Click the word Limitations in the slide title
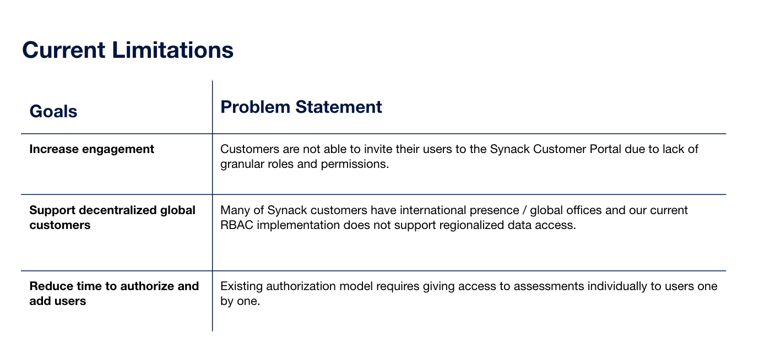172,50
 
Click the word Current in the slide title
64,50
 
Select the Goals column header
53,111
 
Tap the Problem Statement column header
301,107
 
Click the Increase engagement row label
91,149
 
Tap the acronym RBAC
236,225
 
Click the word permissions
355,164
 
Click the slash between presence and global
524,210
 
